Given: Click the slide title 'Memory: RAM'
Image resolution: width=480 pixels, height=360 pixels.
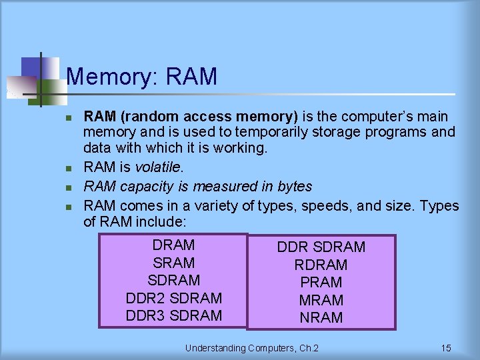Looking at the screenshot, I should (142, 77).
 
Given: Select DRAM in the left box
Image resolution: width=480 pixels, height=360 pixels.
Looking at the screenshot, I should (173, 245).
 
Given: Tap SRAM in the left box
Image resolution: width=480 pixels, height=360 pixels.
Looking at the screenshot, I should (173, 263).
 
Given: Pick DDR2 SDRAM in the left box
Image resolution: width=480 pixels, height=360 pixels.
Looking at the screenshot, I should (173, 298).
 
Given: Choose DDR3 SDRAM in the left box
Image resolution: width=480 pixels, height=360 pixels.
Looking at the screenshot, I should (173, 315).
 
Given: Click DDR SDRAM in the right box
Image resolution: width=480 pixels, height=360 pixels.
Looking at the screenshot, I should (321, 247).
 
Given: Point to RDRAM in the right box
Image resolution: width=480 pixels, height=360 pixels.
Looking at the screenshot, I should (321, 265).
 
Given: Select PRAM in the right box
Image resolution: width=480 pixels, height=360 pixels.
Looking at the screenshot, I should (321, 283).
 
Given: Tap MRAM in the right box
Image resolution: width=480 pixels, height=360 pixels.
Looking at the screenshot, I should (321, 300).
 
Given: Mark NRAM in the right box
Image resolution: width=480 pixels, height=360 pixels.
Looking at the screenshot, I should (321, 318).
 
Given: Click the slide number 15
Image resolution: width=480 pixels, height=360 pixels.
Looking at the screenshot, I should (446, 348).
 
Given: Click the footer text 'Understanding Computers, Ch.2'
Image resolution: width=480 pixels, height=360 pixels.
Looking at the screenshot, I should (252, 348).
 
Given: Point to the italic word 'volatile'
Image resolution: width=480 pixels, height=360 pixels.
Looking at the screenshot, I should (158, 167).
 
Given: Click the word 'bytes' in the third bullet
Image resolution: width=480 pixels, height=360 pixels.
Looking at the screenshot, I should (293, 187).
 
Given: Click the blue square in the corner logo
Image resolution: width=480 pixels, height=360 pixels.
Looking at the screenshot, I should (31, 67).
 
